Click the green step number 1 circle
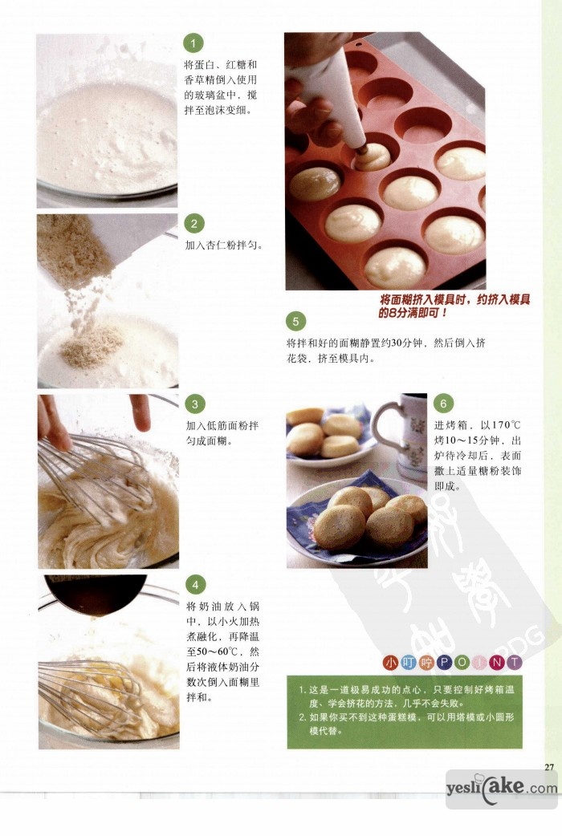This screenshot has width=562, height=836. click(x=193, y=43)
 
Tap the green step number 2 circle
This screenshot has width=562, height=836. click(x=194, y=224)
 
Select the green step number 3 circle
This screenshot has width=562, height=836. click(x=195, y=404)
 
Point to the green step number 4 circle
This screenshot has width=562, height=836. click(x=195, y=585)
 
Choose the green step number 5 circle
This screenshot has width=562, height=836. click(x=295, y=321)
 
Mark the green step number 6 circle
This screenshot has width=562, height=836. click(x=443, y=404)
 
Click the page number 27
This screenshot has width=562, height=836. click(x=549, y=767)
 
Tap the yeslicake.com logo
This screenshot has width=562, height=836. click(x=502, y=788)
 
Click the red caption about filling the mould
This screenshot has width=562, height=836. click(x=454, y=306)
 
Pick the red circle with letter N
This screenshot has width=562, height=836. click(x=497, y=663)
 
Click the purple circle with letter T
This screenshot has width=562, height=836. click(x=514, y=663)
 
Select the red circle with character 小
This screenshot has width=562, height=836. click(x=391, y=663)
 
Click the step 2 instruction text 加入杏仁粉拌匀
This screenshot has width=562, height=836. click(x=224, y=246)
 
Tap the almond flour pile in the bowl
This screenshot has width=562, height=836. click(x=92, y=346)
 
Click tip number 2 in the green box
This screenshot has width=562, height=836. click(x=405, y=724)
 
